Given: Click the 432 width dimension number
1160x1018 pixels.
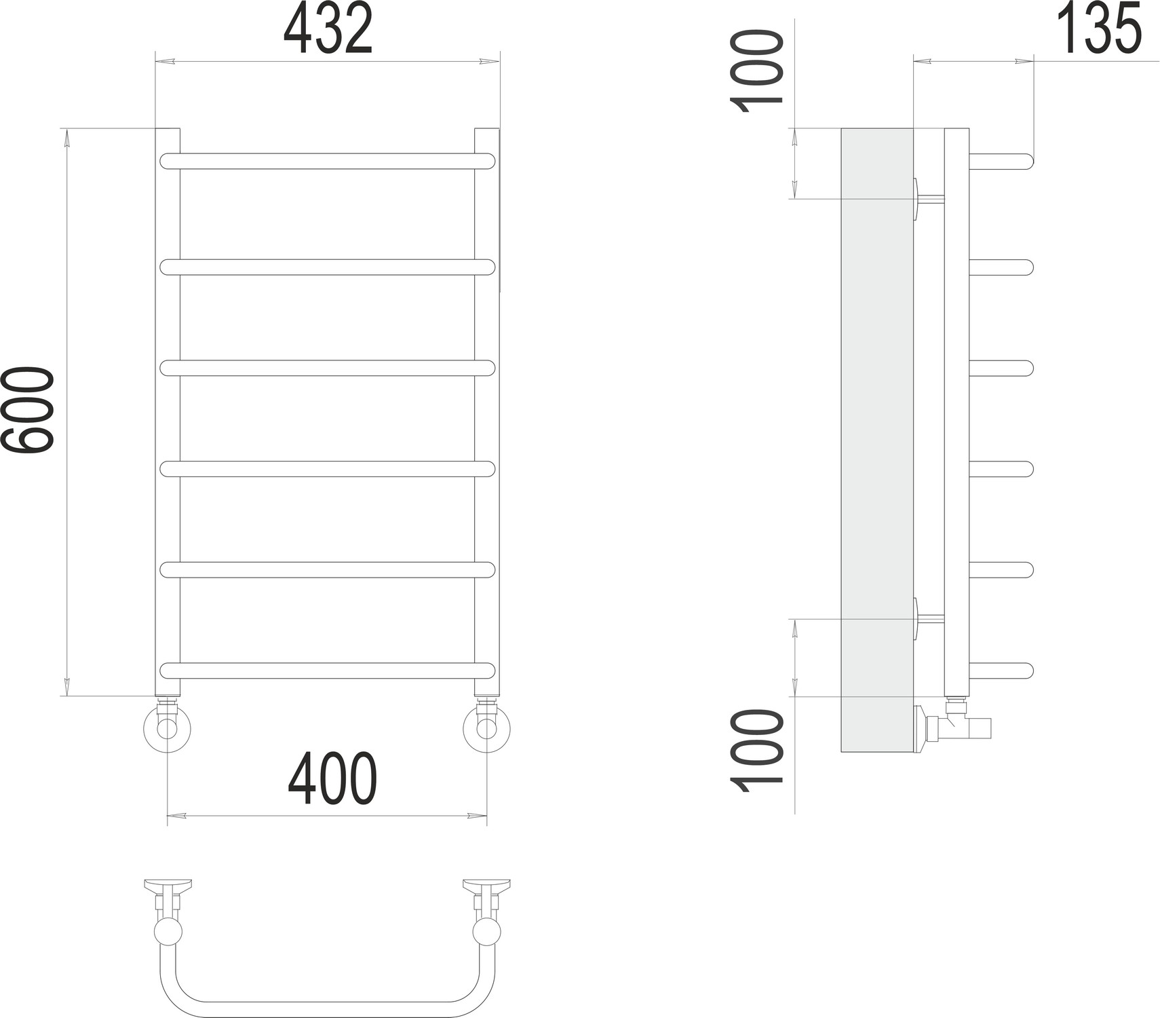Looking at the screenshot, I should [328, 31].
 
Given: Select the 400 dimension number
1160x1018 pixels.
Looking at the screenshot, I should [332, 779].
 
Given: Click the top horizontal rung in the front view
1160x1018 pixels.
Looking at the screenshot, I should [328, 161].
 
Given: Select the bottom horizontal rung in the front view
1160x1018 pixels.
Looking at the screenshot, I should [328, 671].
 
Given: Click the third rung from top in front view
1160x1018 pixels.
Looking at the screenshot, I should [328, 368].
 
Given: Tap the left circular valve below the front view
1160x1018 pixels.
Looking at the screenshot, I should [167, 729].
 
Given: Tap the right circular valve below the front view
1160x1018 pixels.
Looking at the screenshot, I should [486, 729].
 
